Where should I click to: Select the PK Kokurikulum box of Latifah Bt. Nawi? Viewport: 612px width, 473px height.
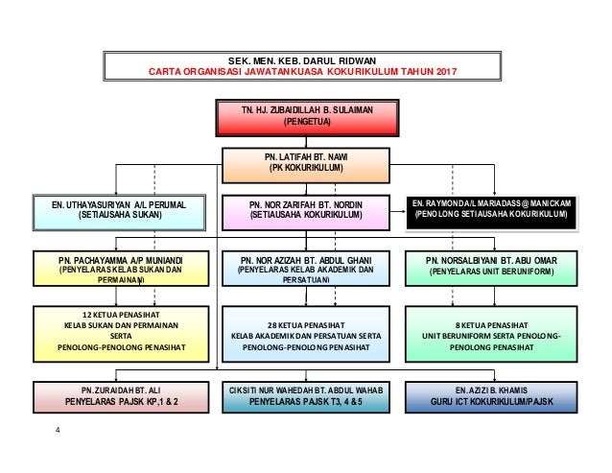tap(306, 164)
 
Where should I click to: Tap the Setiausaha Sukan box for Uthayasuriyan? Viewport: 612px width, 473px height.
tap(119, 211)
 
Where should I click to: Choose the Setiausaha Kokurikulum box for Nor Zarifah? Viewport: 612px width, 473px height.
tap(306, 211)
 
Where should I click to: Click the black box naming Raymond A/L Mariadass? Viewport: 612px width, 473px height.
tap(492, 211)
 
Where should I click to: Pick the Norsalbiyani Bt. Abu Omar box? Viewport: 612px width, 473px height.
tap(492, 266)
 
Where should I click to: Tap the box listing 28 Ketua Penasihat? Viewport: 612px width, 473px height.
tap(306, 331)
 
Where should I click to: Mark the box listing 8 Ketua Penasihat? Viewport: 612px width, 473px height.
tap(492, 331)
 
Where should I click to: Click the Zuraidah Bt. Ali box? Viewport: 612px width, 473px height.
tap(119, 395)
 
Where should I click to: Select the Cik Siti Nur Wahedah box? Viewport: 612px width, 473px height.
tap(306, 395)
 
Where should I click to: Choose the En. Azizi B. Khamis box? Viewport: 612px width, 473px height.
tap(492, 395)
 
